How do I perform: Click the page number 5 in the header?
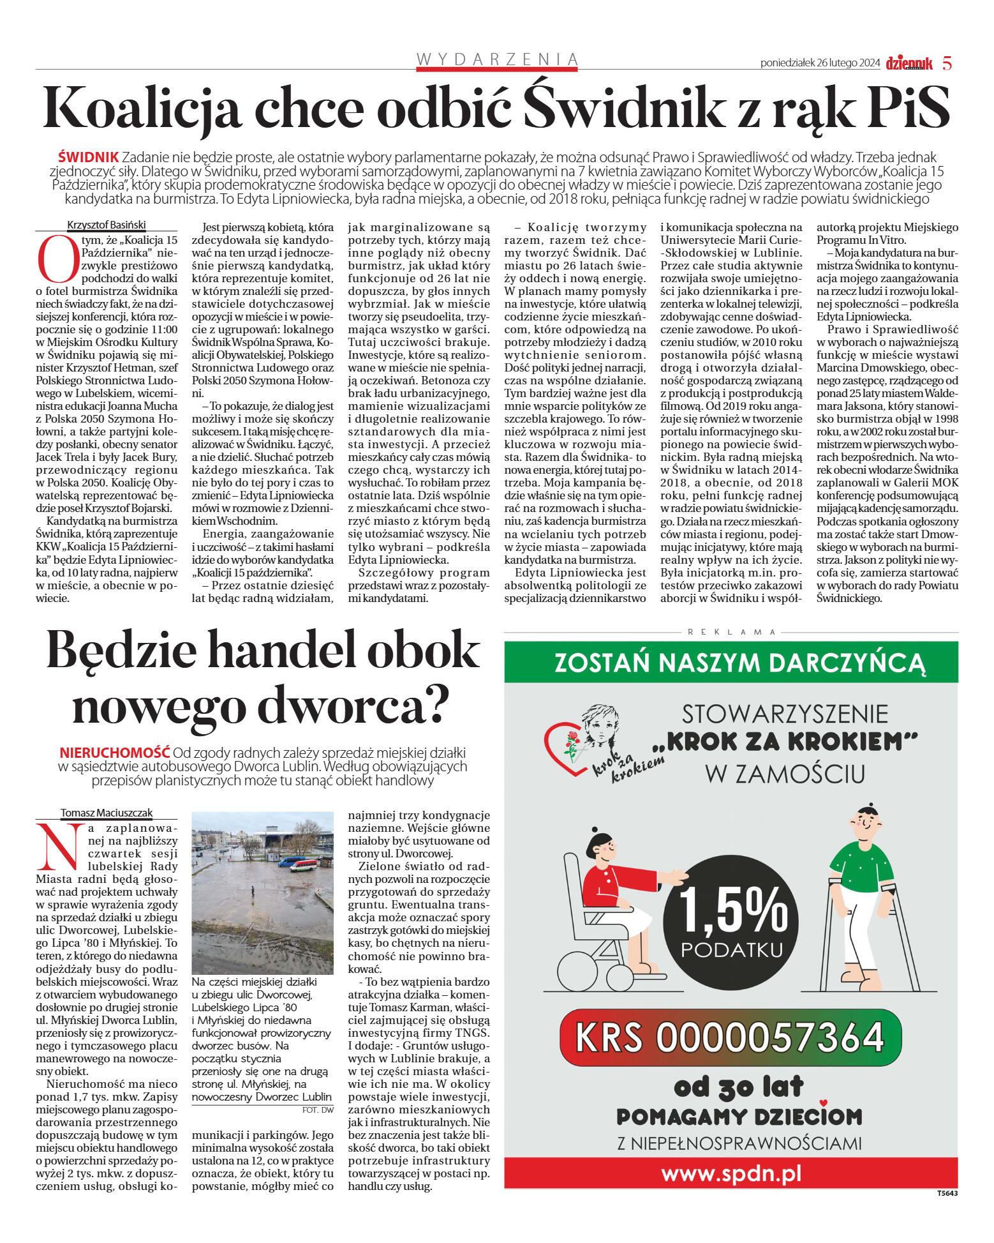[x=947, y=63]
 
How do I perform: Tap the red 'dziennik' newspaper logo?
[x=909, y=63]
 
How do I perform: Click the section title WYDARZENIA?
[x=497, y=59]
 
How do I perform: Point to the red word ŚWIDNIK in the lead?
[x=88, y=157]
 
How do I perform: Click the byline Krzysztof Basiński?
[x=106, y=225]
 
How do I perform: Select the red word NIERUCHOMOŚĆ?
[x=115, y=752]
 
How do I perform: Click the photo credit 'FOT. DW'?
[x=318, y=1110]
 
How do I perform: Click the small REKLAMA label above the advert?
[x=731, y=632]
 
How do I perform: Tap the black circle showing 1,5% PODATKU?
[x=731, y=923]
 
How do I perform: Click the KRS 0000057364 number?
[x=731, y=1037]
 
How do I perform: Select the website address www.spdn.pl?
[x=731, y=1173]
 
